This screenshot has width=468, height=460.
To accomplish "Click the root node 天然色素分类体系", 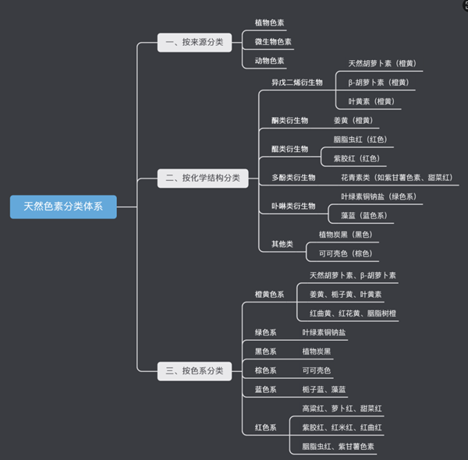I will click(63, 207).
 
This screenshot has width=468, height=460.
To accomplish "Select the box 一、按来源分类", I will click(194, 42).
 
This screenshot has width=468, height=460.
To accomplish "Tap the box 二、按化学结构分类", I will click(202, 179).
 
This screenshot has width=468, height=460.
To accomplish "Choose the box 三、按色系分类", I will click(194, 371).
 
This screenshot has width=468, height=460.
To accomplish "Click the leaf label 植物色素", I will click(269, 23).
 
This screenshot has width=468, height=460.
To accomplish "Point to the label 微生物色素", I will click(273, 42).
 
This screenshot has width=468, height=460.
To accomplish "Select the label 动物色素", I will click(269, 61).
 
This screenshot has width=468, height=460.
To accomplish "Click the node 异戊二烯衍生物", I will click(296, 82).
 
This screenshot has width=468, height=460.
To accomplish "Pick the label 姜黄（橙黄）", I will click(351, 121).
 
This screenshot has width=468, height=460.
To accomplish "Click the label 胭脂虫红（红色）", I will click(360, 140).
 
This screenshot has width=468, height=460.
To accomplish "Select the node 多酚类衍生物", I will click(293, 178).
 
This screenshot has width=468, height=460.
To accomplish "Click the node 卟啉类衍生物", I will click(293, 206).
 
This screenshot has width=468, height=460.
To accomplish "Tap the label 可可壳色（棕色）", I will click(344, 253).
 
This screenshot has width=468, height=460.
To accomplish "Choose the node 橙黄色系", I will click(269, 295).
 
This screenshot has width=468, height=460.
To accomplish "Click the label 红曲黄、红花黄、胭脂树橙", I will click(353, 313).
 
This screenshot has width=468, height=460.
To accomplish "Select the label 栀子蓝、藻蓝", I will click(324, 390).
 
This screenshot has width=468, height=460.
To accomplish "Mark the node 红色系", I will click(265, 428).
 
